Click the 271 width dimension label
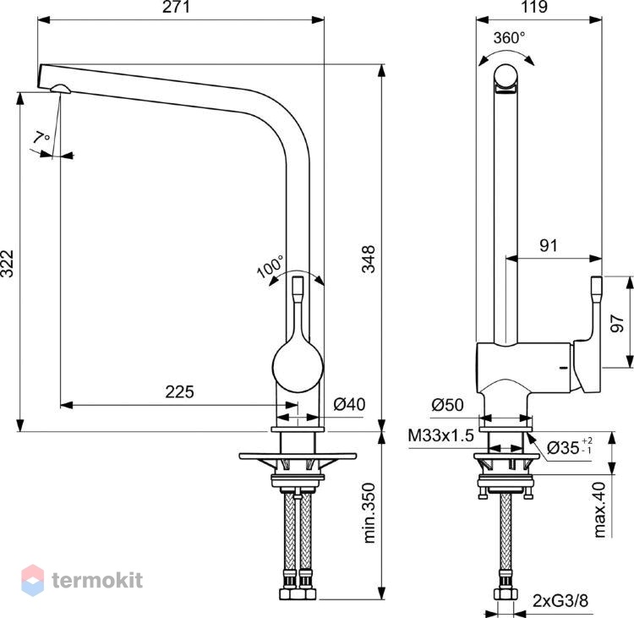point(176,7)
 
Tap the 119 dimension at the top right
point(534,7)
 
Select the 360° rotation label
point(510,37)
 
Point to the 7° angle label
point(41,137)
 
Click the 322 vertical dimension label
point(8,264)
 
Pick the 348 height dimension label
point(369,260)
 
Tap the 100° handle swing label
point(271,266)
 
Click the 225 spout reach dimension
point(179,391)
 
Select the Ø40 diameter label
point(349,404)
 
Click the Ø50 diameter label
point(447,404)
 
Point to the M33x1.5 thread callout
point(440,435)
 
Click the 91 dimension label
point(549,245)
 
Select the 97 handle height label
point(617,323)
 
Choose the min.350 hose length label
point(369,512)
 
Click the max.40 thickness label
point(599,509)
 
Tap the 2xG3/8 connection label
point(560,601)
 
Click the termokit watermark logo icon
point(32,581)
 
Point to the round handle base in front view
point(298,367)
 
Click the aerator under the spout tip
point(60,89)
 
